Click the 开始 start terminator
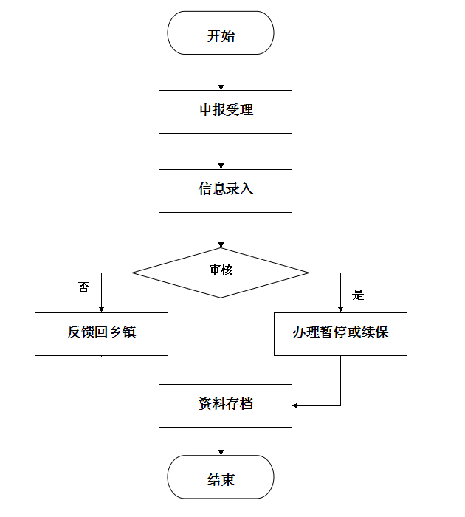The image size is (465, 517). [221, 34]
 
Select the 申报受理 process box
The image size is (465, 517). [225, 112]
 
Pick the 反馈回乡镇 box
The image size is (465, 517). [101, 333]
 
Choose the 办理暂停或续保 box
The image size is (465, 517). [340, 333]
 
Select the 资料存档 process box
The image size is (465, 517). [225, 405]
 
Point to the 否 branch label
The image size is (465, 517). [83, 287]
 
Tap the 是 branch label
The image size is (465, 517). [359, 295]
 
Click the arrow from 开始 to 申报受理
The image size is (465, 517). [221, 72]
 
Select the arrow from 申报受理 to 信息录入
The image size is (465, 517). [221, 151]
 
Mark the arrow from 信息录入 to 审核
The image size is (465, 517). [221, 230]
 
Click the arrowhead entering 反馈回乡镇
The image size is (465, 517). [101, 308]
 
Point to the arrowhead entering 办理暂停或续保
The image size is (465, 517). [340, 308]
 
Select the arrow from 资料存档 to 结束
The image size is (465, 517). [221, 441]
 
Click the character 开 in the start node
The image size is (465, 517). [213, 35]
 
